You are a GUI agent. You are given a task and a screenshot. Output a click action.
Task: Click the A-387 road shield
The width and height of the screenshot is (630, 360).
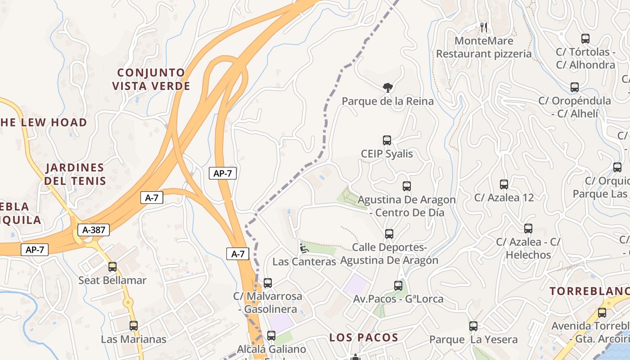(94, 230)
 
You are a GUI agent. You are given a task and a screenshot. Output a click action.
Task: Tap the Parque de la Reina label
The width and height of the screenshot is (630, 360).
(387, 101)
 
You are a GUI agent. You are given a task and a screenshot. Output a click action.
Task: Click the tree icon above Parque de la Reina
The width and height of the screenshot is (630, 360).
(387, 87)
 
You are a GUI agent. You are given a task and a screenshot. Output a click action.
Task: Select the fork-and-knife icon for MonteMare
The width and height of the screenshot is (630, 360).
(484, 27)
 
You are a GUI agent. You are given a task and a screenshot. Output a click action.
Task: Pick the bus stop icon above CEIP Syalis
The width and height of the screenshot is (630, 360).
(387, 140)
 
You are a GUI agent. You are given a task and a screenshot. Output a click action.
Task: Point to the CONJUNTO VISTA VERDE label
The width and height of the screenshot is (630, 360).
(151, 79)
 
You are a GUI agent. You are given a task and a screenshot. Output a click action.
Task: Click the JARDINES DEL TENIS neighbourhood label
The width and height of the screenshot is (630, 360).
(75, 174)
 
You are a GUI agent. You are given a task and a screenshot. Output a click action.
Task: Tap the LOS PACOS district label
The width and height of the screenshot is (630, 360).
(364, 337)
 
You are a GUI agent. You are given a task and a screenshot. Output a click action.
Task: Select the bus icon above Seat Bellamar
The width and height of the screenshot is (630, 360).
(112, 267)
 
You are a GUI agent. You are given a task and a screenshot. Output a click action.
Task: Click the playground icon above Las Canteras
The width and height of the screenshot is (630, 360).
(304, 248)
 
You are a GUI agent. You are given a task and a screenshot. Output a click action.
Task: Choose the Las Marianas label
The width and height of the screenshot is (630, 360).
(134, 339)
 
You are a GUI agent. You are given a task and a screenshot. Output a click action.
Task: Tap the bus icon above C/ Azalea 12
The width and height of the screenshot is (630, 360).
(504, 184)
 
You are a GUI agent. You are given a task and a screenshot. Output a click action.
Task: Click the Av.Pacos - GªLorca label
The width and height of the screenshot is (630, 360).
(398, 299)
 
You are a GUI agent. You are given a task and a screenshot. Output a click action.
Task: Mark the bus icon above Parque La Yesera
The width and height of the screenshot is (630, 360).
(473, 326)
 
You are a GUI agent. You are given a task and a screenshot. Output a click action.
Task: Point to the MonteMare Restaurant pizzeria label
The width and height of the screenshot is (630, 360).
(484, 47)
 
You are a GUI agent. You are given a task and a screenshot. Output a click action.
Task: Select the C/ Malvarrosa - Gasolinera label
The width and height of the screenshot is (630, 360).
(268, 303)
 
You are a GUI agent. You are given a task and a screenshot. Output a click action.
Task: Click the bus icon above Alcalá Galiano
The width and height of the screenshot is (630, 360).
(271, 335)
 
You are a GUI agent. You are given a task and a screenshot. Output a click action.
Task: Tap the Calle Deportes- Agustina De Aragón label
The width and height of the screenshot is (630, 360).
(389, 254)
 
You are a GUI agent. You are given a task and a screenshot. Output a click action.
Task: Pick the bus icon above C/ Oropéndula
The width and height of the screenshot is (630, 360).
(575, 87)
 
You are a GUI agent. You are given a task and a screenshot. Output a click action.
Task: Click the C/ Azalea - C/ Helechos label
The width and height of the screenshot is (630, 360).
(528, 248)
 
